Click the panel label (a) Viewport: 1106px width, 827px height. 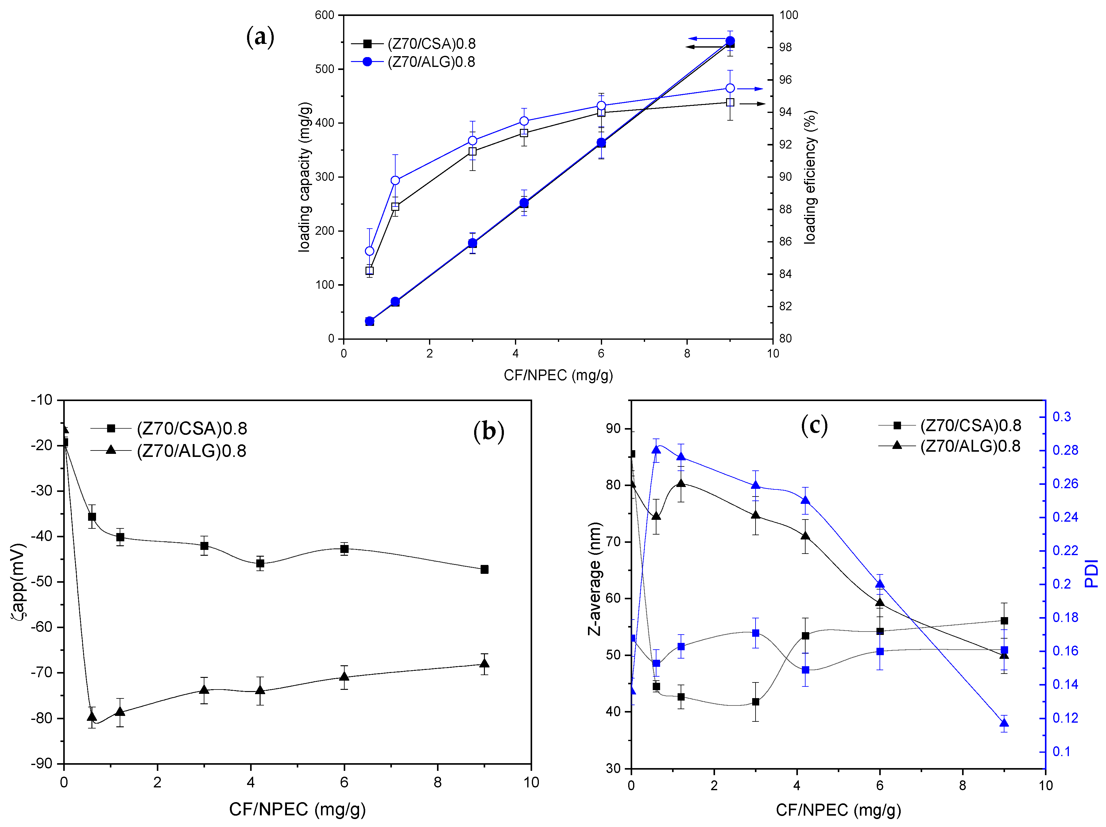[260, 37]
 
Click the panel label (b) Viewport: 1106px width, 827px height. [489, 431]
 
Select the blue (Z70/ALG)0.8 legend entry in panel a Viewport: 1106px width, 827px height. [431, 62]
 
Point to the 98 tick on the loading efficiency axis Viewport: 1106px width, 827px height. [786, 47]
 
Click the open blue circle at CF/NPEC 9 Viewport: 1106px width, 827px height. [730, 88]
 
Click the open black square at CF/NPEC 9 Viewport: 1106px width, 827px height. [730, 102]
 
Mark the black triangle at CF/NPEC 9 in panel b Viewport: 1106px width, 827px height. [484, 663]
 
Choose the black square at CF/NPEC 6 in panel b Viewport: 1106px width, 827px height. [344, 549]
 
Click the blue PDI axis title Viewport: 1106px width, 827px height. [1091, 574]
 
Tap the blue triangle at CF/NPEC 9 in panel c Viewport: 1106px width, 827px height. [1004, 723]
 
